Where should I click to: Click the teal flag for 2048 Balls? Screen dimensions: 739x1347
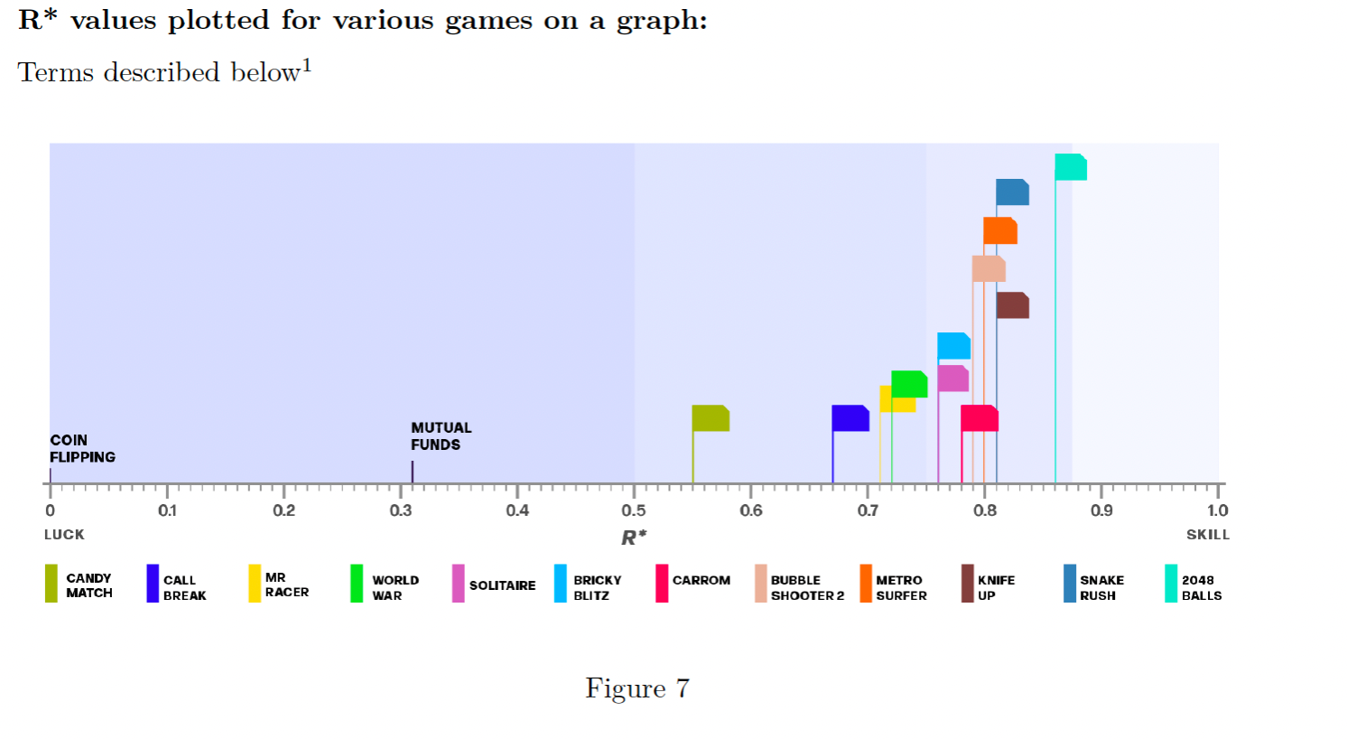click(1071, 167)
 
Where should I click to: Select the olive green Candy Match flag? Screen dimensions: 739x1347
click(711, 418)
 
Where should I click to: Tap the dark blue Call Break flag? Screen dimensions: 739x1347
click(850, 418)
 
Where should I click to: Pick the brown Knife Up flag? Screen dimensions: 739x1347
click(1013, 305)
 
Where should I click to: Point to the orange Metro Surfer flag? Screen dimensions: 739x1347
click(1000, 230)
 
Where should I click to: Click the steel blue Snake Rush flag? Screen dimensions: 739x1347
click(1013, 192)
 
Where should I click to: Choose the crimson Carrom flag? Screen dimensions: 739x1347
click(980, 418)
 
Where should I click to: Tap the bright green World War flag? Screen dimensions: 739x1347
click(909, 384)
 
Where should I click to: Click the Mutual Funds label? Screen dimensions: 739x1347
click(441, 436)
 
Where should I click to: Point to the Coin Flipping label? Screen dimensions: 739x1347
click(82, 448)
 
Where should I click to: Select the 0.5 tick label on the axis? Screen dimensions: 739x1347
click(634, 510)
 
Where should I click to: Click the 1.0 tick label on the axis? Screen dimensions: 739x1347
click(1217, 510)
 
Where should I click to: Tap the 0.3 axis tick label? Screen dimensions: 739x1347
click(401, 510)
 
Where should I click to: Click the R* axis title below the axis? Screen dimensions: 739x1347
click(634, 538)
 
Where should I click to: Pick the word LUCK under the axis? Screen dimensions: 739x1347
click(64, 535)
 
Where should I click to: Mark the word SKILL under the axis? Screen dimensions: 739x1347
click(1208, 535)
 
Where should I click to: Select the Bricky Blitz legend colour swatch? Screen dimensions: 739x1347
click(561, 584)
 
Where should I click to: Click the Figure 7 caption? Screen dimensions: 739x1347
click(637, 688)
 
